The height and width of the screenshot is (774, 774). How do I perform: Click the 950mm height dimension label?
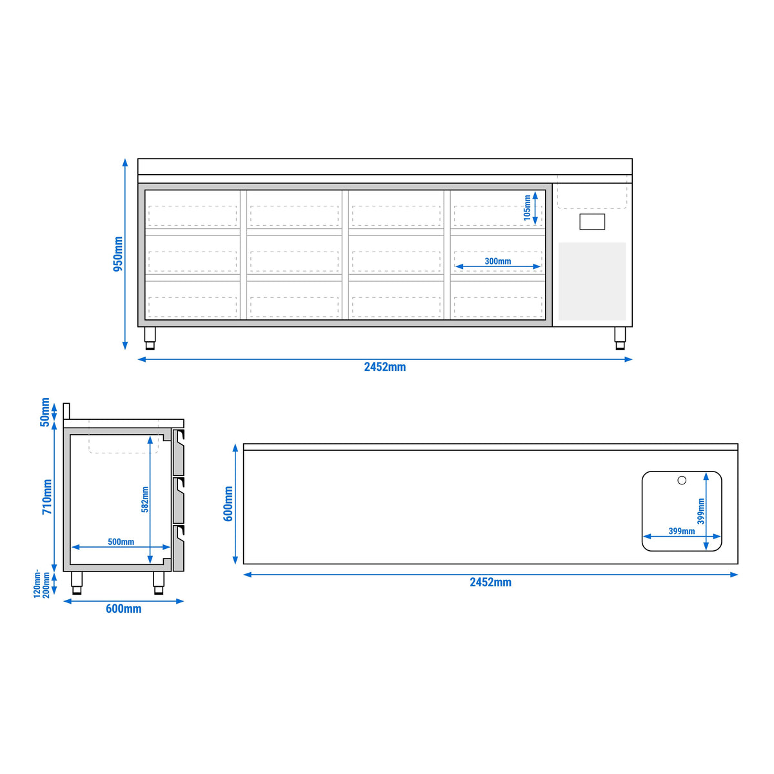[x=118, y=254]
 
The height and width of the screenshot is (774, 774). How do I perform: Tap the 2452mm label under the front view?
[x=385, y=367]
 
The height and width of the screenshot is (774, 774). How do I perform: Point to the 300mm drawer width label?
[x=498, y=261]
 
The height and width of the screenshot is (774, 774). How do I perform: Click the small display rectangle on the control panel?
[x=592, y=222]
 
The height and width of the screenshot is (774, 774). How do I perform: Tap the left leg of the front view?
[x=150, y=338]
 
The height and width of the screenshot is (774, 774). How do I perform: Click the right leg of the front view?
[x=620, y=338]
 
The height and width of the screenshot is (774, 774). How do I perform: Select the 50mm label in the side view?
[x=45, y=412]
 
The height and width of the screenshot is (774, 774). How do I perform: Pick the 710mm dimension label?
[x=47, y=497]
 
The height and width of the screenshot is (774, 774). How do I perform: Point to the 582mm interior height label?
[x=145, y=499]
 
